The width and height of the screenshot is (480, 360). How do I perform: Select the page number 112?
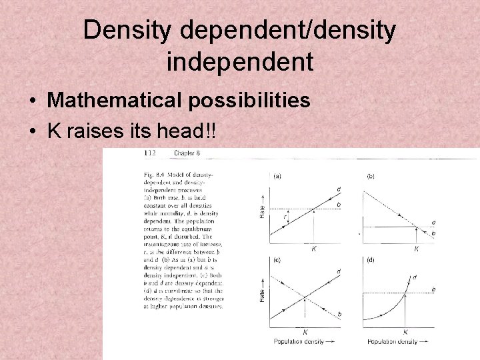(150, 153)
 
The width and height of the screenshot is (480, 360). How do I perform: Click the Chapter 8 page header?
(187, 153)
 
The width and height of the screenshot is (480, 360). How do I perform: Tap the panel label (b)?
(371, 176)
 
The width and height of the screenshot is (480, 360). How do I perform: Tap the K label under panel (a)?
(314, 249)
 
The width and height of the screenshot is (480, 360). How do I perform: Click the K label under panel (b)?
(417, 249)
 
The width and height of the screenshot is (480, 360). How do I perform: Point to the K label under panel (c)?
(305, 331)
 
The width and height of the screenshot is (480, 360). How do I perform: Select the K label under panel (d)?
(405, 331)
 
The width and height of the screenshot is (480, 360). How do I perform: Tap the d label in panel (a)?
(339, 189)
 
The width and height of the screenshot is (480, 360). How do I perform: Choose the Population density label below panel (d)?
(393, 342)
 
